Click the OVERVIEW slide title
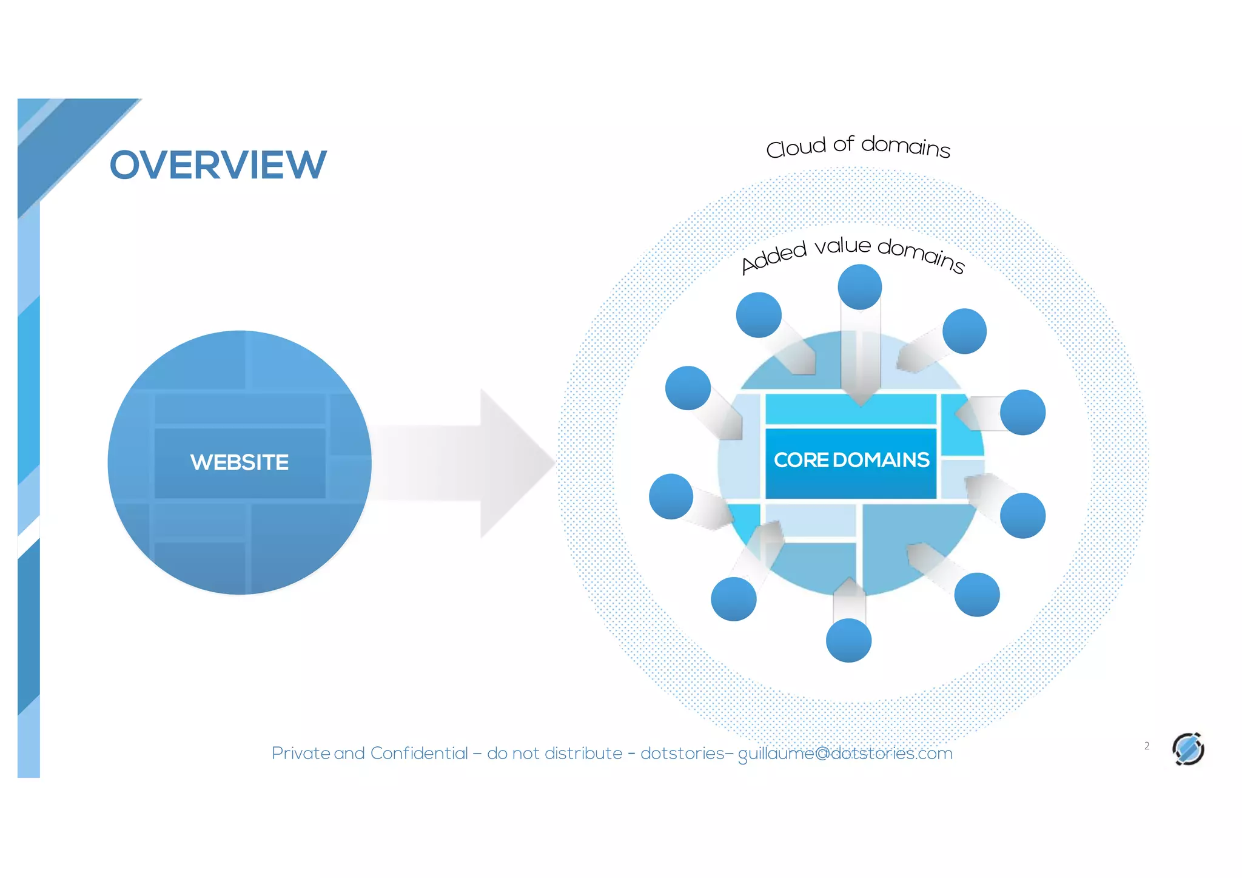tap(218, 165)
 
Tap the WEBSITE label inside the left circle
tap(240, 462)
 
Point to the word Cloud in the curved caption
tap(795, 147)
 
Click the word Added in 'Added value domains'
tap(774, 257)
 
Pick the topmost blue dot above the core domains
tap(859, 287)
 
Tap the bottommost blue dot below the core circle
tap(848, 640)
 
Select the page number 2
tap(1146, 746)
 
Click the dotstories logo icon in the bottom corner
tap(1187, 749)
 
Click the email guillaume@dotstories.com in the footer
tap(845, 754)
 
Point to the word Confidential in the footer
tap(419, 754)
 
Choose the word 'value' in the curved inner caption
tap(842, 246)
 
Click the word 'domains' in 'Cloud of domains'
tap(905, 146)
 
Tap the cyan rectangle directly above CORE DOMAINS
tap(851, 409)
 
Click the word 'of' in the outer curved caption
tap(843, 144)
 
